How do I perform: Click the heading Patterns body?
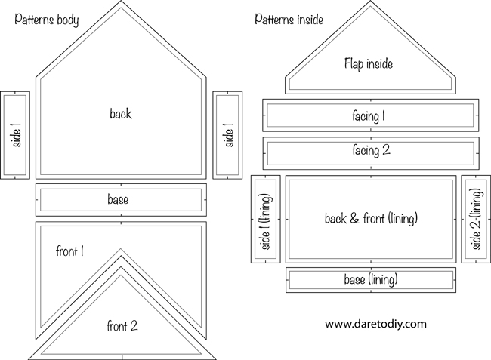(x=47, y=20)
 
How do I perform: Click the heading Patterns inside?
(x=289, y=20)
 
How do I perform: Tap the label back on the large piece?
(x=121, y=113)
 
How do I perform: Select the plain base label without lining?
(x=118, y=199)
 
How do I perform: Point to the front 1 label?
(x=69, y=251)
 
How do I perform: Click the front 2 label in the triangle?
(x=122, y=326)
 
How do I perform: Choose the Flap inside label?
(x=369, y=64)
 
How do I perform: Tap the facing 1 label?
(x=369, y=116)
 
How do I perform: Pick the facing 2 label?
(x=371, y=150)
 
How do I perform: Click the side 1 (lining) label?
(x=266, y=221)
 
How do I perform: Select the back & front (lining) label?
(x=371, y=218)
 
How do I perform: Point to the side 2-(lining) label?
(x=476, y=219)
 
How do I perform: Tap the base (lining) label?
(x=371, y=279)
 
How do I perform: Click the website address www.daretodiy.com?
(x=375, y=324)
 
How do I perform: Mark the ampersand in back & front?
(x=354, y=218)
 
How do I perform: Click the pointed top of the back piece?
(x=121, y=1)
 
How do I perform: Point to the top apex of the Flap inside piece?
(x=370, y=1)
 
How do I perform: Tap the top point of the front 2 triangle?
(x=121, y=267)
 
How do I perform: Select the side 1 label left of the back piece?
(x=16, y=135)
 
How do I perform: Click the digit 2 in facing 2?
(x=387, y=149)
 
